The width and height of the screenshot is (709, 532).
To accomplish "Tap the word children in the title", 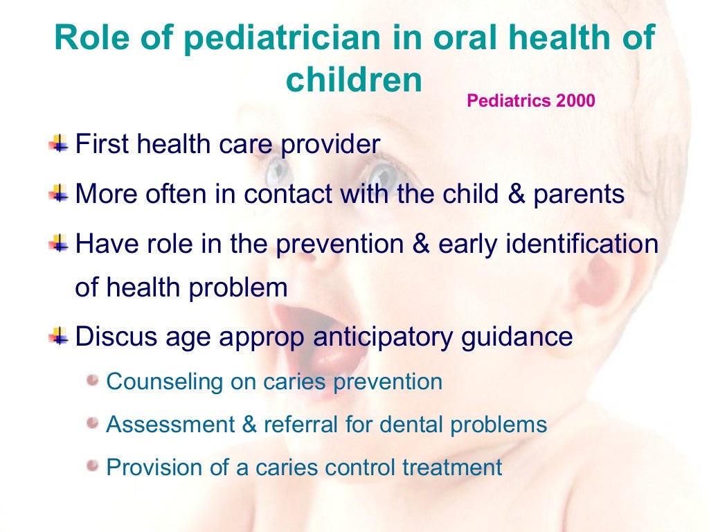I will click(x=354, y=81).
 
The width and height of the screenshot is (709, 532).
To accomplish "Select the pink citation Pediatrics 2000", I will click(x=530, y=101).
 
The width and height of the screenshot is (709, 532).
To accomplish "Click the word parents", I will click(x=579, y=194).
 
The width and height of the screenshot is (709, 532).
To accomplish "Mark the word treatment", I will click(x=452, y=467).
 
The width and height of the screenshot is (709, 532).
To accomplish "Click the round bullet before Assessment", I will click(x=93, y=423).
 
